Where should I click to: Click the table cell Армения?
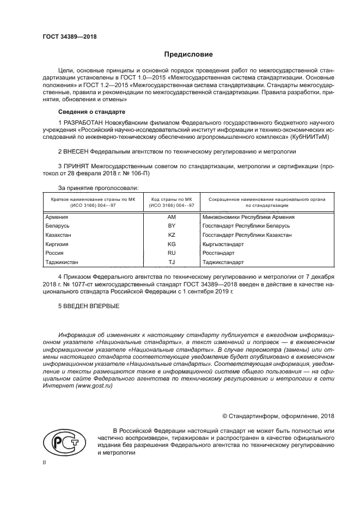56,217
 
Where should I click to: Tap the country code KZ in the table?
172,235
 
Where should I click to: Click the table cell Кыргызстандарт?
223,244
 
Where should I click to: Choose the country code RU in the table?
172,254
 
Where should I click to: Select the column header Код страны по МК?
172,200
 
